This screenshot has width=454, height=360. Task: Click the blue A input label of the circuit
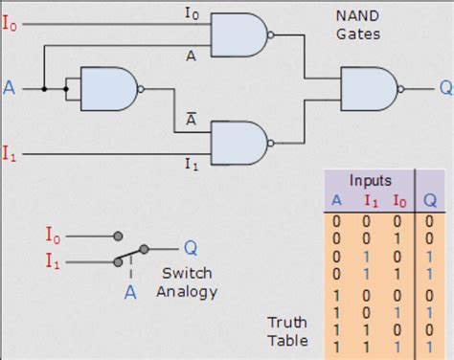[10, 89]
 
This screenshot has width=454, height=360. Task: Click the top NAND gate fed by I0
[236, 36]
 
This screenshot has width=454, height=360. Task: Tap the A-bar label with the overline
[192, 120]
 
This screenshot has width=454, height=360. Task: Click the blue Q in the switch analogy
[190, 247]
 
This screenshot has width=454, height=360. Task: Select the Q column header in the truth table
[432, 200]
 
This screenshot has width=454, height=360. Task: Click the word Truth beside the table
[285, 323]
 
